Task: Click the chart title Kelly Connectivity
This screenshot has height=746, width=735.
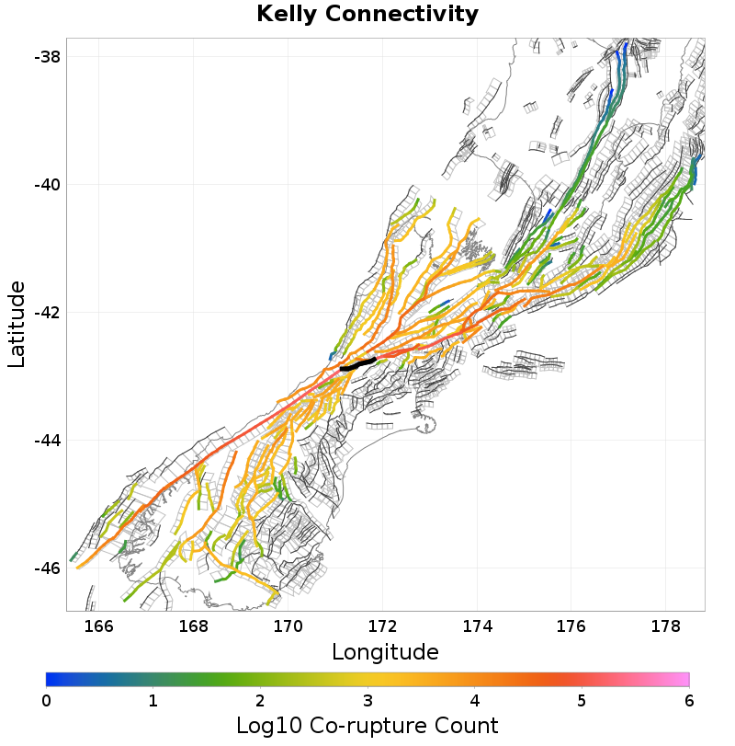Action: [x=367, y=15]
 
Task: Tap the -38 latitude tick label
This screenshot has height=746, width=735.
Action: [x=47, y=57]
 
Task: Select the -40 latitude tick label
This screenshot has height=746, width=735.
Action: [x=47, y=185]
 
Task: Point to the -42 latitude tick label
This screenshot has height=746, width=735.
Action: [x=47, y=313]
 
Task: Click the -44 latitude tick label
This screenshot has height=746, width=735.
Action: [x=47, y=441]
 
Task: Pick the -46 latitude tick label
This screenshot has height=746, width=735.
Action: [x=47, y=568]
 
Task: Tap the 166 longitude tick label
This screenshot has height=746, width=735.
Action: [x=98, y=626]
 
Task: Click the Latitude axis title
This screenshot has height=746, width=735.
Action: [x=17, y=325]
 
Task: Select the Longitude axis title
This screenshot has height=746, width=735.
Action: [x=385, y=652]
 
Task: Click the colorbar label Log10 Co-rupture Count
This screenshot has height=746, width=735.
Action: [x=367, y=725]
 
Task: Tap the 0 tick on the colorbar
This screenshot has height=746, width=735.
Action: [x=46, y=701]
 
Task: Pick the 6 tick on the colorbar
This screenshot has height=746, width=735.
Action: [x=689, y=701]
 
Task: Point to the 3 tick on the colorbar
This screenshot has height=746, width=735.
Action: [x=367, y=701]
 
